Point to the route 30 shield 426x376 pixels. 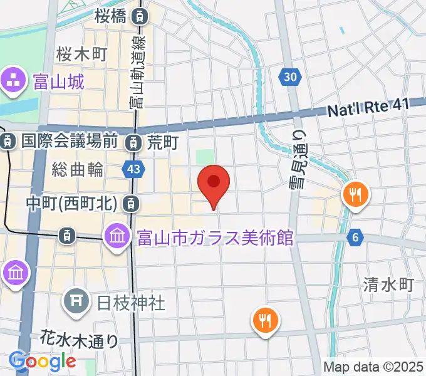point(289,76)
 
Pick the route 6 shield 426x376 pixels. point(355,237)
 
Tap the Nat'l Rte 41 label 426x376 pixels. point(369,108)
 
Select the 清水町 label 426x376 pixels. point(388,285)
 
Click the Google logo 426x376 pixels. point(43,361)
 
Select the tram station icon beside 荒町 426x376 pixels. point(133,143)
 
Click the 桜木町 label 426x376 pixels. point(81,53)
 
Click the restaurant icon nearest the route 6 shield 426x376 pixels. point(355,195)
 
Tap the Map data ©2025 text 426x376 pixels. point(373,367)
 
